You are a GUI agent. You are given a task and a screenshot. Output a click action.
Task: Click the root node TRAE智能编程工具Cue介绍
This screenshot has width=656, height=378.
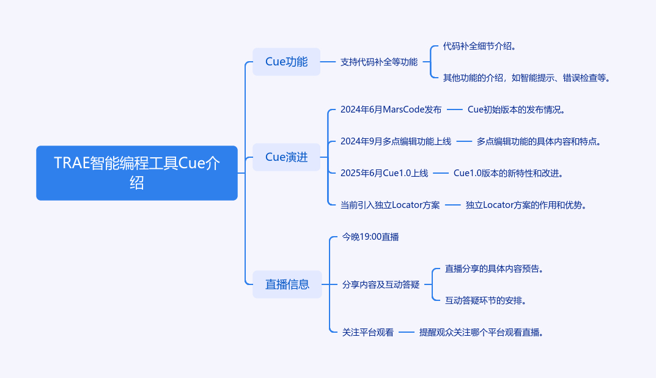point(136,173)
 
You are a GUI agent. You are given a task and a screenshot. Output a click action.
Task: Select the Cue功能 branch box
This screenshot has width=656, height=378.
point(286,62)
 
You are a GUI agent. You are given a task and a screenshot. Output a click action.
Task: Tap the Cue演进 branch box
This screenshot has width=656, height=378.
point(286,157)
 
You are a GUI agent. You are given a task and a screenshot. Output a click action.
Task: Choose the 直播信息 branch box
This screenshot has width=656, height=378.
point(287,284)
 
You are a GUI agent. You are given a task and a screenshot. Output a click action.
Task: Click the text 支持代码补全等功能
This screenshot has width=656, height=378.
point(379,62)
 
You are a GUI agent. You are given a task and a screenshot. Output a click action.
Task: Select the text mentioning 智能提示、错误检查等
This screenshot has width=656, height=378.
point(526,78)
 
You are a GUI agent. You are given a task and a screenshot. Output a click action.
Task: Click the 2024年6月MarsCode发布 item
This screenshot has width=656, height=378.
point(391,109)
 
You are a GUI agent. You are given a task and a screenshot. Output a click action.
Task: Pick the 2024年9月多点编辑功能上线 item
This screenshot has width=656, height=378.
point(396,141)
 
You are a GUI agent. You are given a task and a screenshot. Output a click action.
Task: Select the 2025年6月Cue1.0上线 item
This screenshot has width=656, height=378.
point(384,173)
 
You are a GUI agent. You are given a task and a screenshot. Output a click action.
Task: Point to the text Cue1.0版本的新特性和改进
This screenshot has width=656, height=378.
point(508,173)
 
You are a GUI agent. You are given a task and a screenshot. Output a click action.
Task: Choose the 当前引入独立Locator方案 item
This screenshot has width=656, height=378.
point(390,205)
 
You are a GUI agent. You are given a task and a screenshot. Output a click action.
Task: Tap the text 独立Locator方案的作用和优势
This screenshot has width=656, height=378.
point(526,205)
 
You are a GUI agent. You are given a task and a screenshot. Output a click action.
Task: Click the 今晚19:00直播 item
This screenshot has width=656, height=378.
point(370,237)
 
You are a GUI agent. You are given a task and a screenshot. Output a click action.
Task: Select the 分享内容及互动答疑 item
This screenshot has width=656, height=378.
point(381,284)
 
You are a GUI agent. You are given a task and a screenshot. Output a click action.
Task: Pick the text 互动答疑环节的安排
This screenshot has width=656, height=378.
point(486,300)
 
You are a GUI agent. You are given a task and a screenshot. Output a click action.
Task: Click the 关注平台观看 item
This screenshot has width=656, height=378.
point(367,332)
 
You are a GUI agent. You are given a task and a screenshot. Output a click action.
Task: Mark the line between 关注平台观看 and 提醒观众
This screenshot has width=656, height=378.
point(407,332)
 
